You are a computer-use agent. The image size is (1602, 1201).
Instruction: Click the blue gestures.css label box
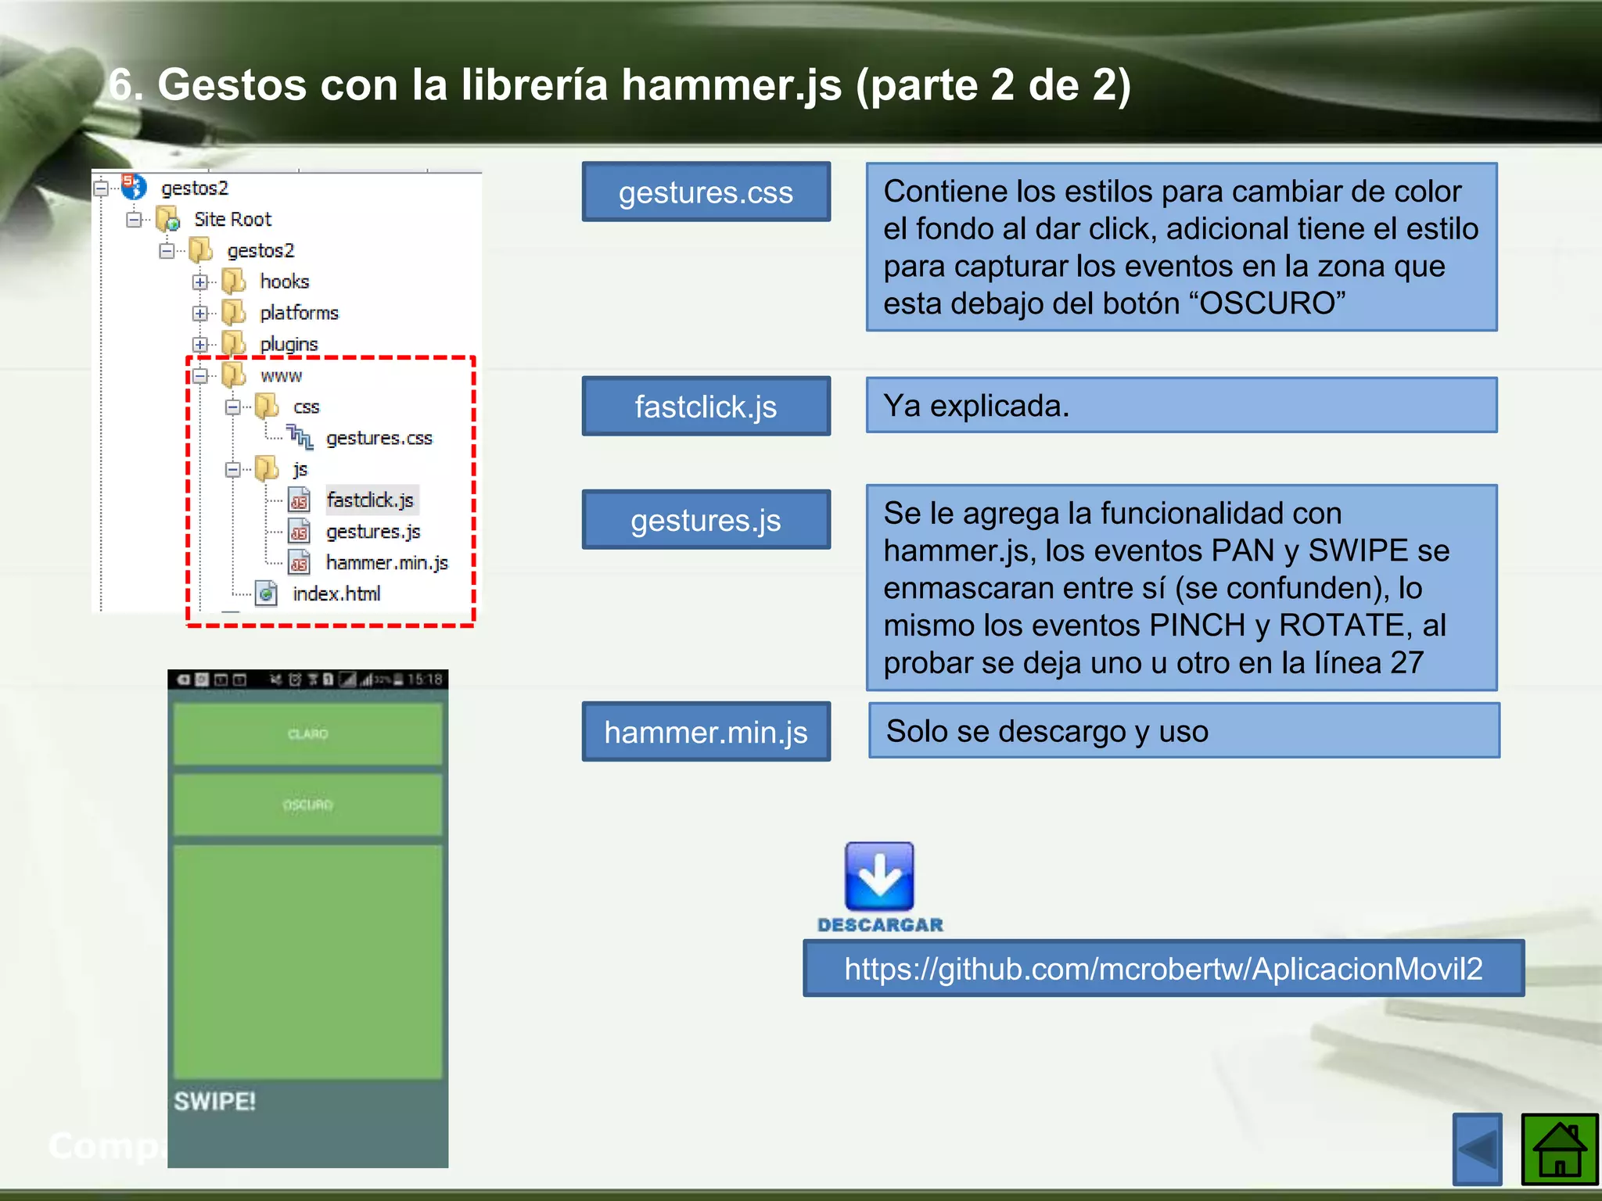[x=706, y=192]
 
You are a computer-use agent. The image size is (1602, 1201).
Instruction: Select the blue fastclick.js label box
[x=706, y=407]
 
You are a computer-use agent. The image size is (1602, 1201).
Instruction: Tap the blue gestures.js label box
[x=706, y=520]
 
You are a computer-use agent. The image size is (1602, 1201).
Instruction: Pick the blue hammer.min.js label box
[x=706, y=732]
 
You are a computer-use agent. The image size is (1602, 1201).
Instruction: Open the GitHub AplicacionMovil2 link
[x=1163, y=969]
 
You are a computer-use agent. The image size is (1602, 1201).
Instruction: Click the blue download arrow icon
[x=879, y=877]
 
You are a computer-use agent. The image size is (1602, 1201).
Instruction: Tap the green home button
[x=1559, y=1149]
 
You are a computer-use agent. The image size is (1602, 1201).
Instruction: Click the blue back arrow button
[x=1477, y=1149]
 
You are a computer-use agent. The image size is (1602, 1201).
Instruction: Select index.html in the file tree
[x=336, y=594]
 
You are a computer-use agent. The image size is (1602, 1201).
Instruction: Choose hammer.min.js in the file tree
[x=386, y=563]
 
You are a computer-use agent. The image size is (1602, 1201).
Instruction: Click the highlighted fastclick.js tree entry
[x=370, y=500]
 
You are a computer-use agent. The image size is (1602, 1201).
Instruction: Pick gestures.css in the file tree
[x=379, y=439]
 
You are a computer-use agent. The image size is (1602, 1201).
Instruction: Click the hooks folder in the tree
[x=284, y=281]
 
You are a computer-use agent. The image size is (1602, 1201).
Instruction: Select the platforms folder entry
[x=299, y=313]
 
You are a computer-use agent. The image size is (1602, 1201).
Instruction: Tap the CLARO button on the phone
[x=307, y=733]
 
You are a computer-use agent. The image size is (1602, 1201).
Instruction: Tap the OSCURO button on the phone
[x=307, y=805]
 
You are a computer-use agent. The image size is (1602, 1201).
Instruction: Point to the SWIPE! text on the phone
[x=215, y=1102]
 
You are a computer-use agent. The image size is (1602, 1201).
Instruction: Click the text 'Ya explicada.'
[x=975, y=406]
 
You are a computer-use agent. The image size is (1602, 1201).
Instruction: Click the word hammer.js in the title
[x=731, y=84]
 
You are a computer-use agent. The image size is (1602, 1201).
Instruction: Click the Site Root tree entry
[x=232, y=220]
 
